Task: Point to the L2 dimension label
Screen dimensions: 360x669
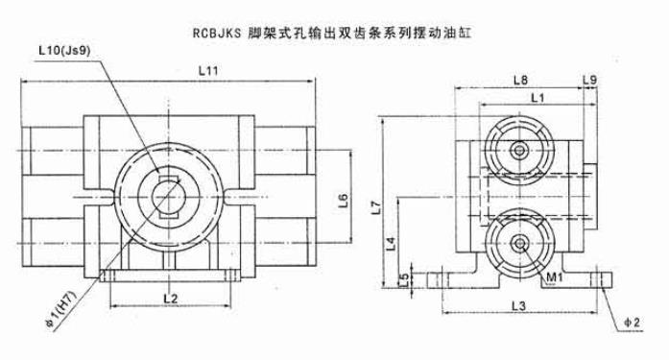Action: pos(170,300)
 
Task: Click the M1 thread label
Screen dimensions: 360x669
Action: pos(554,278)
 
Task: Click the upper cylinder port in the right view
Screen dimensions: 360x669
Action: pos(519,151)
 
